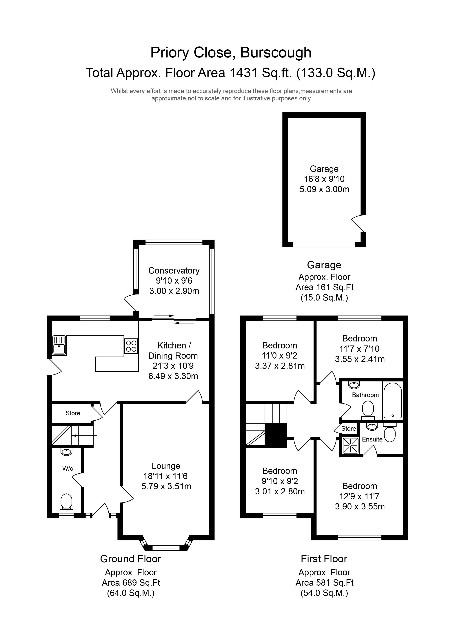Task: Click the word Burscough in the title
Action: coord(276,53)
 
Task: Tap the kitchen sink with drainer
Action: coord(59,345)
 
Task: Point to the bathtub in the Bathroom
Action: coord(392,401)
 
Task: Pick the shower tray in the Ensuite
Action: coord(350,445)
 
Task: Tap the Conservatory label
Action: coord(174,271)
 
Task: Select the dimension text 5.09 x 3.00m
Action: coord(324,189)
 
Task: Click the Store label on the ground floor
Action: coord(73,413)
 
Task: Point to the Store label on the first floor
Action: coord(348,429)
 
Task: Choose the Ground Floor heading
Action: coord(131,559)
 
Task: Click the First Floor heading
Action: coord(324,559)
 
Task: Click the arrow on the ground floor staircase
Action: coord(84,436)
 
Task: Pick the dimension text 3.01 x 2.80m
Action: coord(280,491)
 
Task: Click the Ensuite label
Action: coord(372,439)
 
